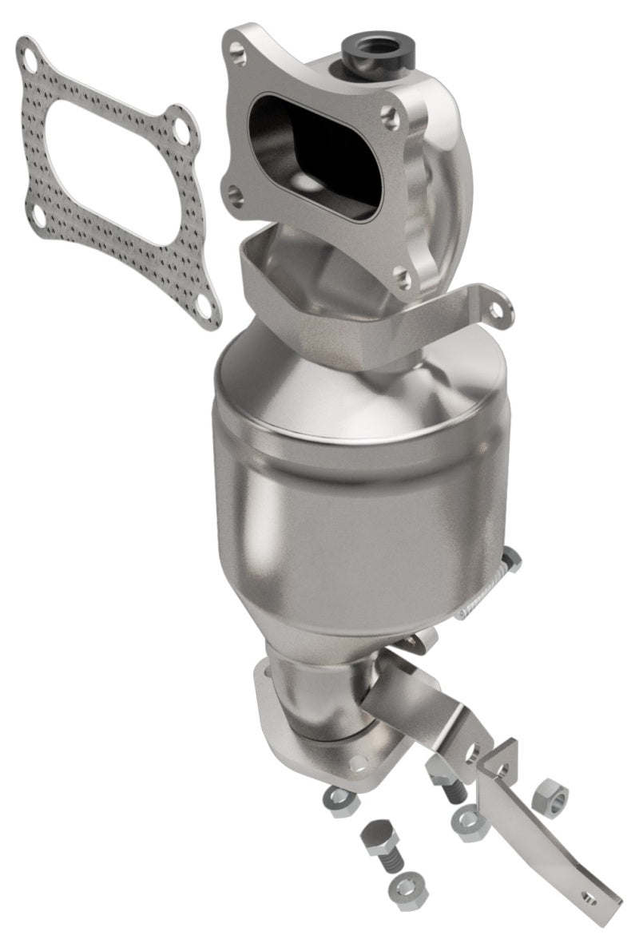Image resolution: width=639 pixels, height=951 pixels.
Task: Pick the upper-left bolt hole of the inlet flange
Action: [x=237, y=50]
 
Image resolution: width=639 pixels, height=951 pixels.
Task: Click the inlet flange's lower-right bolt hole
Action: [x=403, y=275]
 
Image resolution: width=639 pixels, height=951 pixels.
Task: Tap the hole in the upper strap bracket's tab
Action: [x=498, y=307]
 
